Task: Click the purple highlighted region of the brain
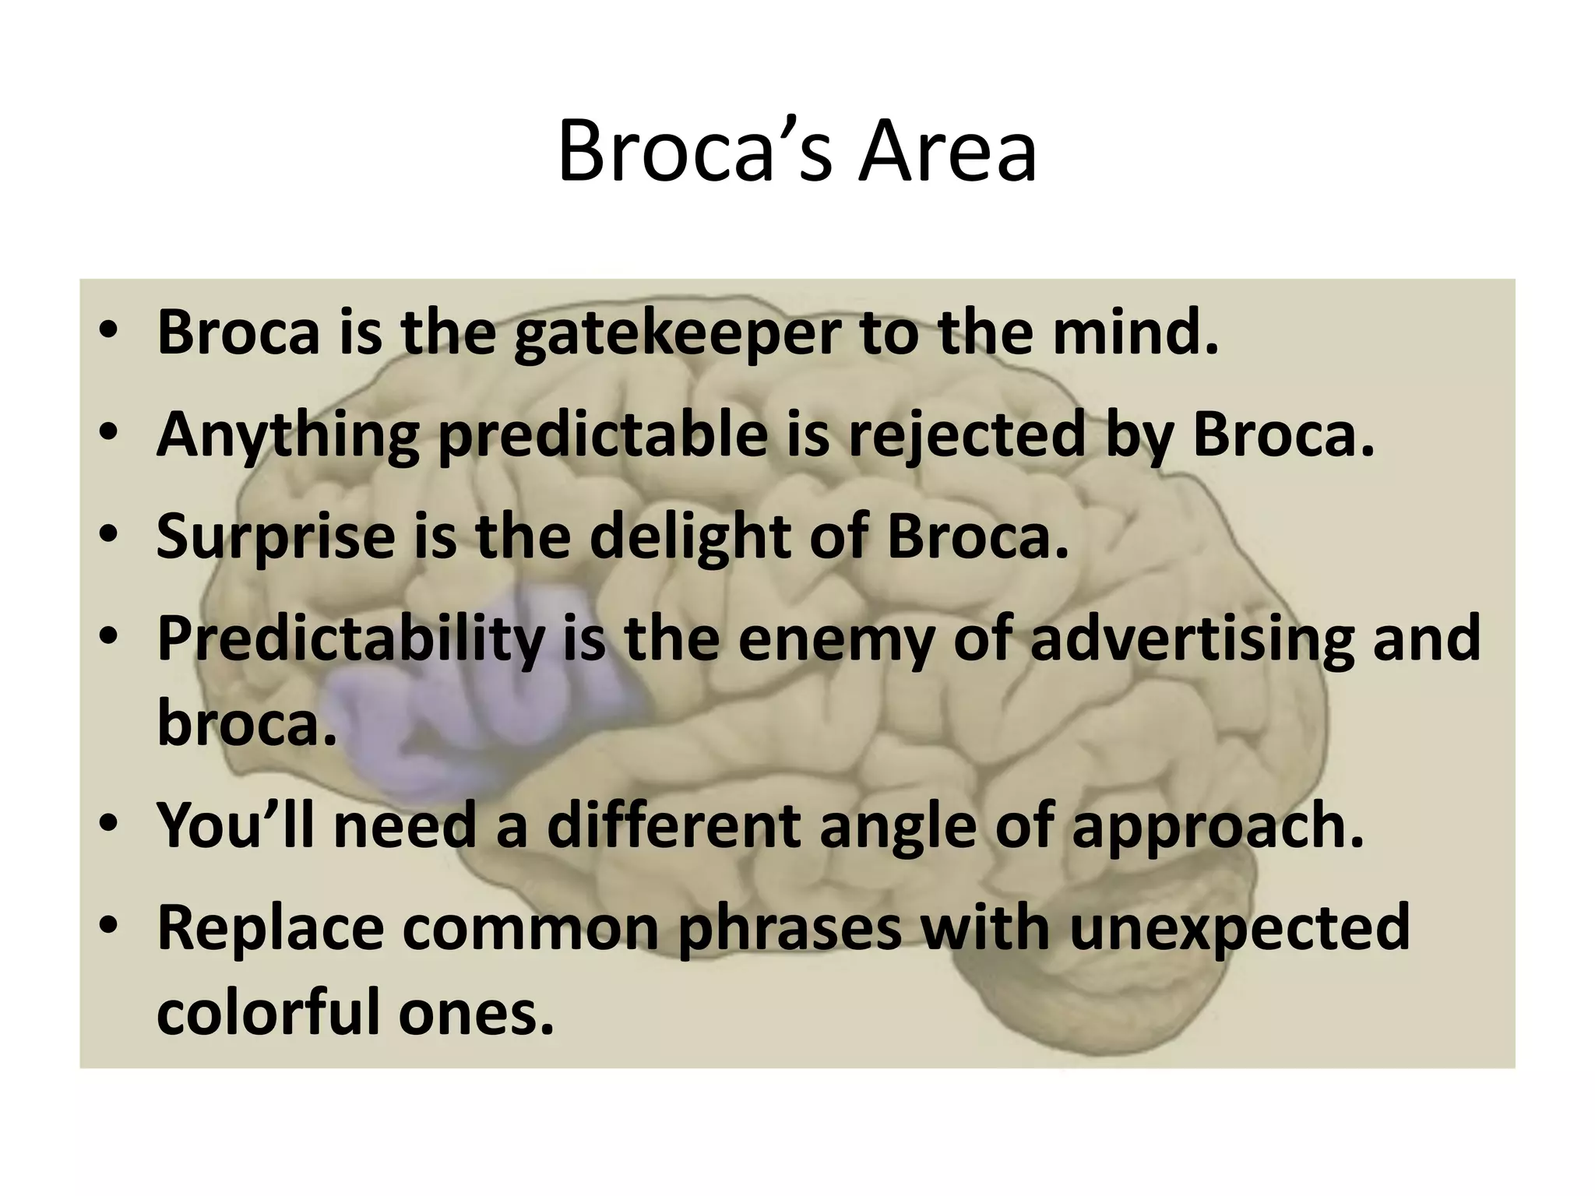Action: click(436, 747)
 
